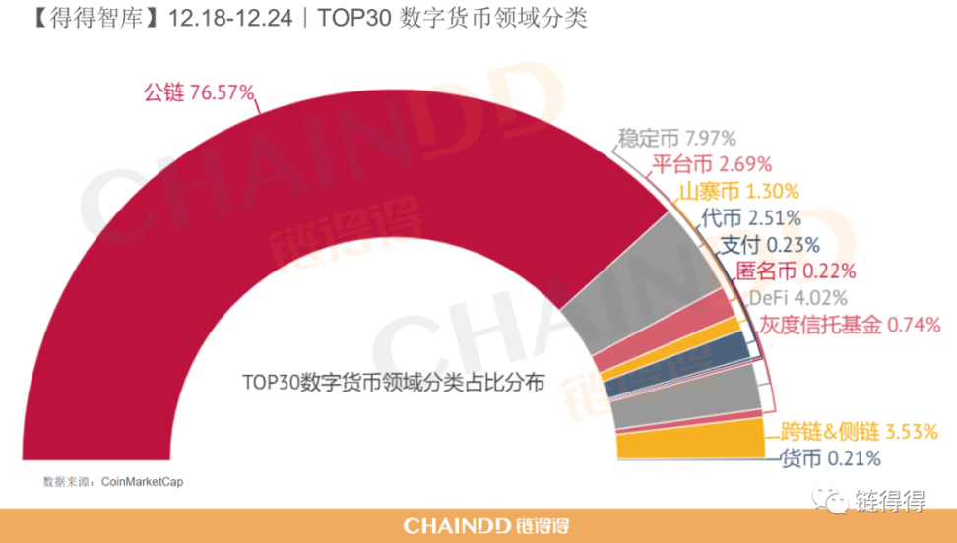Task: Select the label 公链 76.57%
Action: point(198,92)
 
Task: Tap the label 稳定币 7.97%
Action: point(676,138)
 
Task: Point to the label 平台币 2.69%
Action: point(712,164)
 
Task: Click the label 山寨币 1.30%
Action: point(738,191)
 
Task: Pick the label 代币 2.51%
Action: point(751,217)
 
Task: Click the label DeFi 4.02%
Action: point(797,297)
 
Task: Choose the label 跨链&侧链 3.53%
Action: point(853,430)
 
